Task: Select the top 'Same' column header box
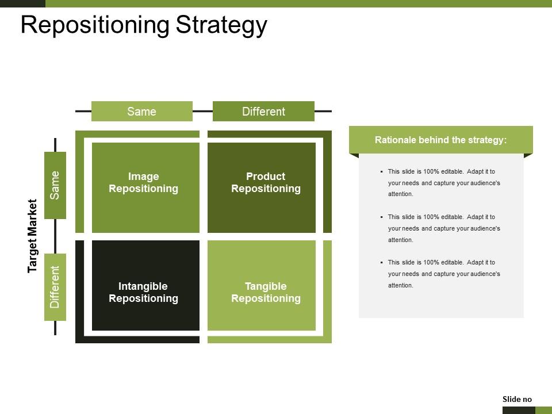tap(141, 112)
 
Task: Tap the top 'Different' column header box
tap(263, 112)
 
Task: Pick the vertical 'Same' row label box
tap(55, 185)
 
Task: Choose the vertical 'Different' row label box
tap(55, 287)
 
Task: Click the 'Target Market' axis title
tap(33, 236)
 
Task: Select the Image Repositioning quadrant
tap(145, 187)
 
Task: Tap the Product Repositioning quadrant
tap(262, 187)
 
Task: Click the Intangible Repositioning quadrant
tap(145, 285)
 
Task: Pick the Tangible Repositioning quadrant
tap(262, 285)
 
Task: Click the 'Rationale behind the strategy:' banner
tap(440, 140)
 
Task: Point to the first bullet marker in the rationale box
tap(381, 172)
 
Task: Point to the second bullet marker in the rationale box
tap(381, 217)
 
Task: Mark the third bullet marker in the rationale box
tap(381, 263)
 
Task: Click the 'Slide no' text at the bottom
tap(517, 399)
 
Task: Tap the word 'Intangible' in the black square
tap(143, 286)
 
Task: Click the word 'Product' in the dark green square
tap(266, 177)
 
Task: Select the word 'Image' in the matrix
tap(143, 177)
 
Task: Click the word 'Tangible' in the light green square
tap(266, 286)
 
